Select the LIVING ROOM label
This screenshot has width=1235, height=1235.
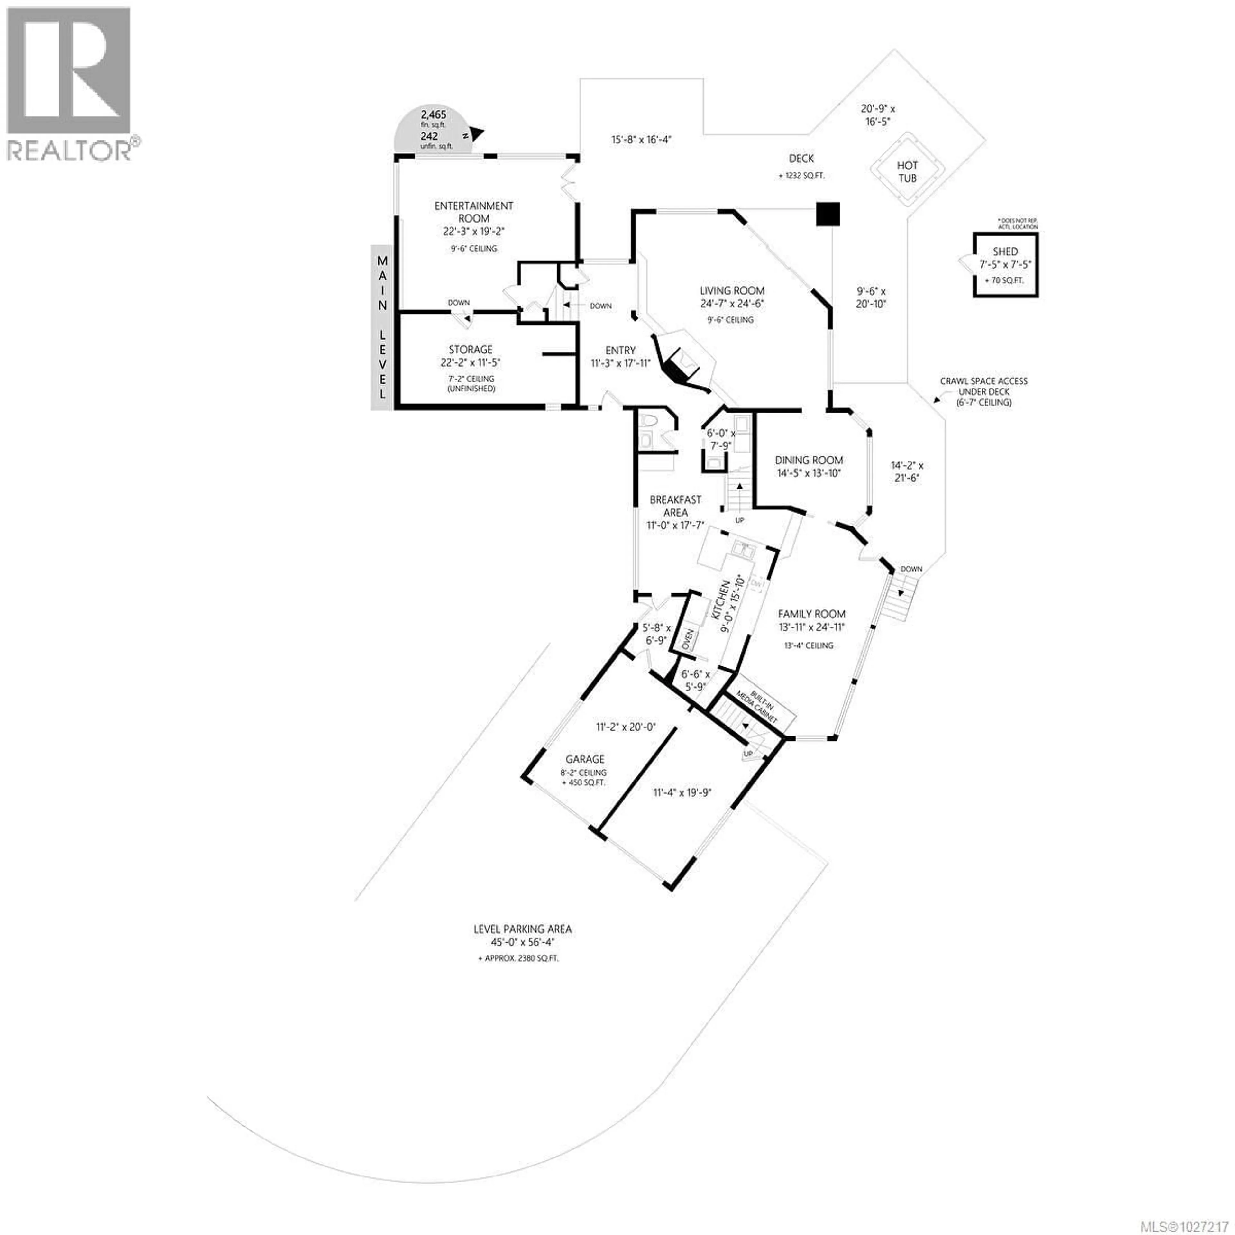pos(732,291)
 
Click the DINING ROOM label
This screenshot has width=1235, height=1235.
pos(809,460)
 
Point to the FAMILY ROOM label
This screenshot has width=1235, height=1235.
pos(811,614)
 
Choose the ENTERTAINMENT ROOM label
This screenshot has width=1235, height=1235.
pos(474,212)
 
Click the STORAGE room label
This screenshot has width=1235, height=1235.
pos(471,350)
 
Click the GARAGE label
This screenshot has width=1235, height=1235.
pos(584,759)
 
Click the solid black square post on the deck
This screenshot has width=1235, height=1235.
pos(828,214)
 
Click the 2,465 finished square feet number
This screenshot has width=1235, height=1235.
pos(434,115)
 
